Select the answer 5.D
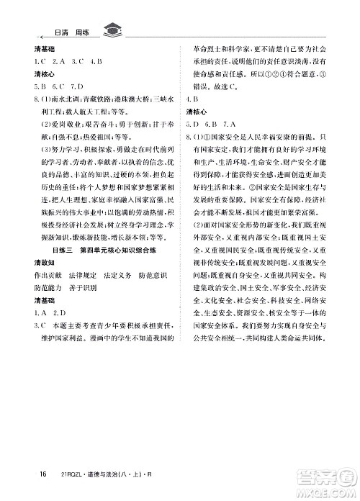coord(194,121)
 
